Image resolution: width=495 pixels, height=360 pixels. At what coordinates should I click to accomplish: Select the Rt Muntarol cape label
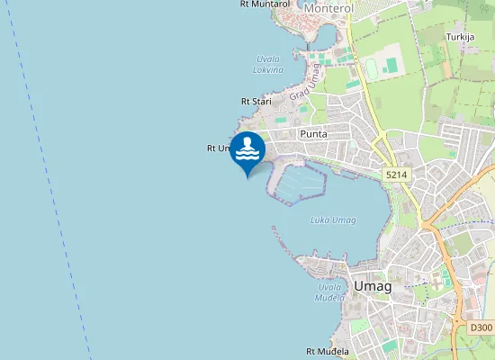pos(265,4)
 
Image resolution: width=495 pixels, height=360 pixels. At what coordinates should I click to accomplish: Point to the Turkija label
pos(462,37)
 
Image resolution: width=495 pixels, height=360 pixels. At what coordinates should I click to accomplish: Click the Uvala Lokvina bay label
pos(268,64)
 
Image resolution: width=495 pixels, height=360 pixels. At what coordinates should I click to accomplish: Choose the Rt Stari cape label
pos(256,102)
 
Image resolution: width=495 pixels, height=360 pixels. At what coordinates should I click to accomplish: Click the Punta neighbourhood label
pos(313,134)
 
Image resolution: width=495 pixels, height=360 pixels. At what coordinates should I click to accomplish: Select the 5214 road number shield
pos(394,174)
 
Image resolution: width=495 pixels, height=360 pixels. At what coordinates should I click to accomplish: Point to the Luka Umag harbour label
pos(332,220)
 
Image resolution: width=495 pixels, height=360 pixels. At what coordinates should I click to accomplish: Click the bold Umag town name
pos(373,286)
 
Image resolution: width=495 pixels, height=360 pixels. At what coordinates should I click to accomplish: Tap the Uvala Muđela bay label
pos(329,292)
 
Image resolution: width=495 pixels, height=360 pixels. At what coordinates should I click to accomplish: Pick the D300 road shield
pos(481,329)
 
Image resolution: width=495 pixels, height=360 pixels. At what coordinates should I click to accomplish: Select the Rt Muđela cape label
pos(328,351)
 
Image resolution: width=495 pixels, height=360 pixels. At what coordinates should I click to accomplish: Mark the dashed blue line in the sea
pos(54,180)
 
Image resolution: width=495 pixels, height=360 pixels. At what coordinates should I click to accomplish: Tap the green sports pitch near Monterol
pos(390,66)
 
